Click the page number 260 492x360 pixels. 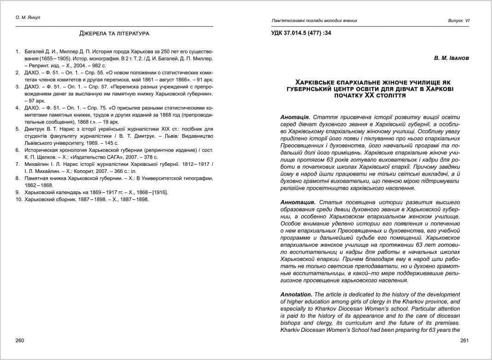[20, 341]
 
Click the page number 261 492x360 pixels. [464, 341]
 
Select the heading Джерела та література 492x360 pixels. [114, 34]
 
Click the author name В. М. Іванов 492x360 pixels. [451, 59]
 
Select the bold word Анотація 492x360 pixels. [295, 118]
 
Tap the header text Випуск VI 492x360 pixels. [458, 21]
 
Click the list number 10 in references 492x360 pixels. [19, 199]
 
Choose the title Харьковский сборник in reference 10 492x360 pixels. [51, 199]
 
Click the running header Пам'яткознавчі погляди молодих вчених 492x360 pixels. [314, 21]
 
